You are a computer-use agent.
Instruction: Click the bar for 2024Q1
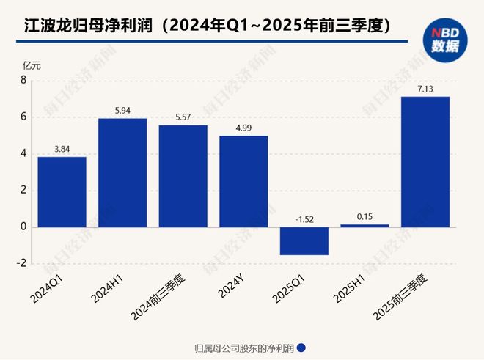(62, 191)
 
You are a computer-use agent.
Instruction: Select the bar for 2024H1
(122, 172)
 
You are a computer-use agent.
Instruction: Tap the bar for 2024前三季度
(183, 176)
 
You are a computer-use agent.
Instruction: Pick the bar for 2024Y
(243, 181)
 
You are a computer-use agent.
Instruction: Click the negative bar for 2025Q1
(304, 240)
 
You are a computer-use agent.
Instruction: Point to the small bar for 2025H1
(364, 225)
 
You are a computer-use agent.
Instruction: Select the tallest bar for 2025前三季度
(425, 161)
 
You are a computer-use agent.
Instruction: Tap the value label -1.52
(304, 219)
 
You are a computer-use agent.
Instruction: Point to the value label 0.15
(364, 217)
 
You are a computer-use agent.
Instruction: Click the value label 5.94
(122, 111)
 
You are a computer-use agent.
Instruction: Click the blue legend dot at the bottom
(301, 348)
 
